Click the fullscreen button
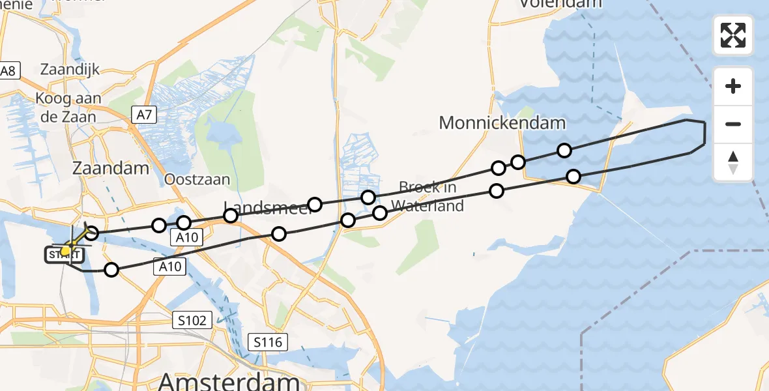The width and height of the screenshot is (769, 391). coord(733,35)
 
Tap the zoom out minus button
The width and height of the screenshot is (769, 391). coord(733,124)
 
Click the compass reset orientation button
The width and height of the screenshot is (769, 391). coord(733,162)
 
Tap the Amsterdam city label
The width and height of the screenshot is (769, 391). coord(228,381)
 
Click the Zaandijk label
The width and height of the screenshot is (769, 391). coord(69,69)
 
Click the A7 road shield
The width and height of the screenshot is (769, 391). coord(144,115)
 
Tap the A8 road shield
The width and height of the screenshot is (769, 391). coord(8,71)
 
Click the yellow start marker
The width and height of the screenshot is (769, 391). coord(66,251)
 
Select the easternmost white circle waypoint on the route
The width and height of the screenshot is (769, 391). coord(573,176)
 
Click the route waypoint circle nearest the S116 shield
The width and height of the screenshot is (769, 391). coord(279,234)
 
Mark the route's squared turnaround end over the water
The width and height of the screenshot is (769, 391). coord(704,134)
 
